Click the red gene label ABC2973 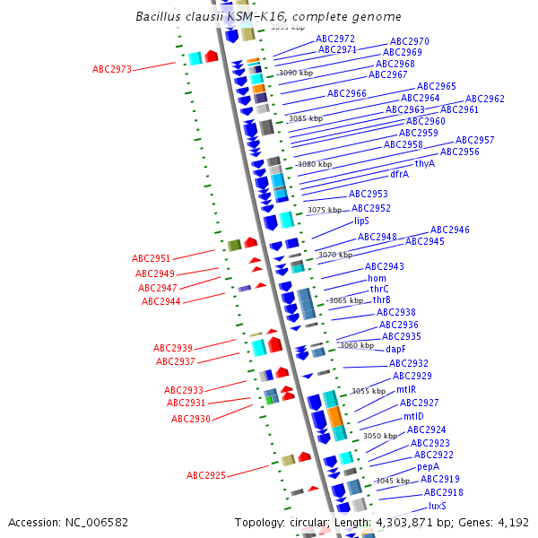pos(112,69)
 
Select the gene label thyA pos(424,163)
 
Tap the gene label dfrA pos(399,174)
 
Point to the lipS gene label pos(361,221)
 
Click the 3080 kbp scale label pos(315,164)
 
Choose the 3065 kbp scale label pos(345,300)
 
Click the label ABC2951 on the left pos(152,258)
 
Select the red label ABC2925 pos(206,474)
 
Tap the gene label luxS pos(437,506)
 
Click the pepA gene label pos(428,467)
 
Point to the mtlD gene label pos(412,416)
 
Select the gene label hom pos(377,278)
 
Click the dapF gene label pos(395,349)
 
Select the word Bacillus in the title pos(157,17)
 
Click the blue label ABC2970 pos(409,41)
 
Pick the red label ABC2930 pos(191,419)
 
